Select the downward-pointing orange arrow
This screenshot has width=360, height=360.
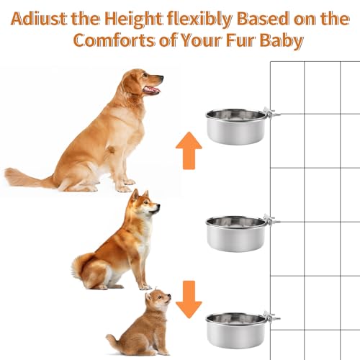(189, 298)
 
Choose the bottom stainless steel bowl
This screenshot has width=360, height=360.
(235, 329)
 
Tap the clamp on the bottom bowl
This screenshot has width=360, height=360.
(271, 316)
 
